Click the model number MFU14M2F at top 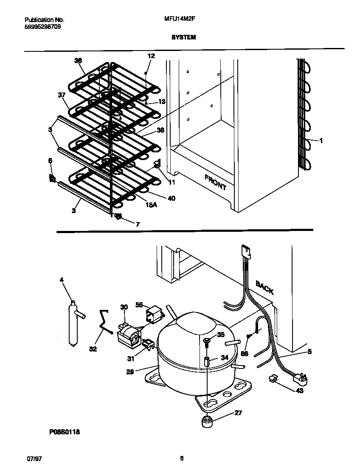click(x=179, y=20)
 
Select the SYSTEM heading click(x=183, y=37)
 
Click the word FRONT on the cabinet click(x=215, y=182)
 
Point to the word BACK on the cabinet click(x=264, y=287)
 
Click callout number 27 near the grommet click(x=238, y=413)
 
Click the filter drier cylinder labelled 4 click(x=73, y=324)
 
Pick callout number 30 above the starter click(x=124, y=307)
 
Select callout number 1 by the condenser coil click(x=321, y=141)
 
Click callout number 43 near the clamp click(x=300, y=390)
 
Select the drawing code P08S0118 click(x=64, y=432)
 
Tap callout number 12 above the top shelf click(x=151, y=56)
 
